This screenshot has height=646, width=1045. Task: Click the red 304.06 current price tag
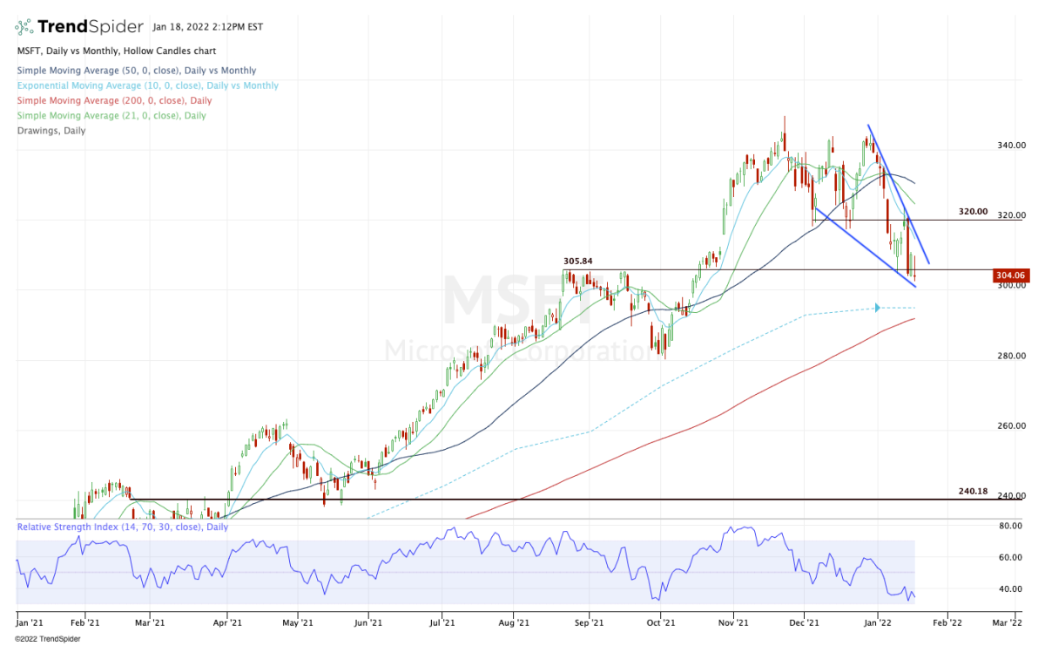coord(1010,275)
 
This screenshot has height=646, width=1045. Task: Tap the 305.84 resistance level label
coord(580,261)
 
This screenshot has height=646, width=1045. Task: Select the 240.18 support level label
coord(973,492)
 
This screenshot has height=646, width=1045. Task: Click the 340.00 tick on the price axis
coord(1011,146)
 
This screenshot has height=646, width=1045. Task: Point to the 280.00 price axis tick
coord(1011,356)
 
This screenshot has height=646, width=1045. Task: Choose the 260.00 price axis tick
coord(1011,426)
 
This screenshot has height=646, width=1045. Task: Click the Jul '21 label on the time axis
coord(442,623)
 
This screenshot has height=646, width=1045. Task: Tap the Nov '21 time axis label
coord(734,623)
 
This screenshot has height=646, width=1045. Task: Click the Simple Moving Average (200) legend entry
coord(113,101)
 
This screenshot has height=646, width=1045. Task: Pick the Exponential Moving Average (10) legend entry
coord(147,85)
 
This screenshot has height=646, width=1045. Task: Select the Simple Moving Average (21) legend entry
coord(111,116)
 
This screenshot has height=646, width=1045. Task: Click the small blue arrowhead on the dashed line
coord(877,307)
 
